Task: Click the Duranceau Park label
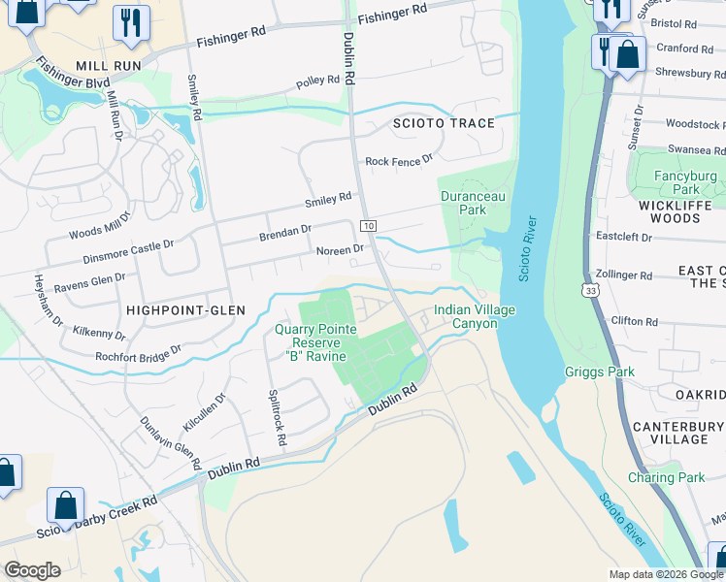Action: point(472,202)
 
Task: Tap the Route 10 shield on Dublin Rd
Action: point(369,225)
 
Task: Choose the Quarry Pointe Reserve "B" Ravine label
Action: point(316,342)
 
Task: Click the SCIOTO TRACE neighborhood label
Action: point(443,123)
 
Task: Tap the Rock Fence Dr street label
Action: point(398,160)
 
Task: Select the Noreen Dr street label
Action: point(340,249)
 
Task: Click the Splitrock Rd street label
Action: point(276,418)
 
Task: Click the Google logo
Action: point(33,570)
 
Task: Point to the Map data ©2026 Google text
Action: point(666,574)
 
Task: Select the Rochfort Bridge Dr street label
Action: point(138,353)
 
